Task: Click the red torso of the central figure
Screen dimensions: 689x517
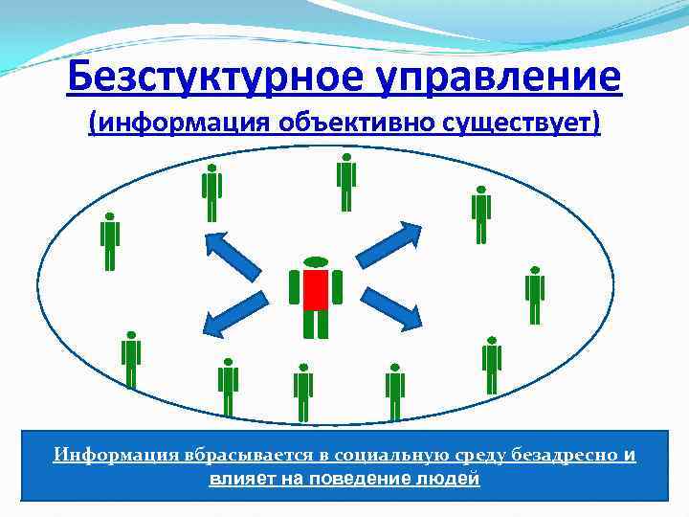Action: point(316,289)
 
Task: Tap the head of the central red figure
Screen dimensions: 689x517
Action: point(316,261)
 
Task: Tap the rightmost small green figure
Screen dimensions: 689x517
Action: point(535,296)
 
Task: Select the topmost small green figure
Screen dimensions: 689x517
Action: point(346,182)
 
